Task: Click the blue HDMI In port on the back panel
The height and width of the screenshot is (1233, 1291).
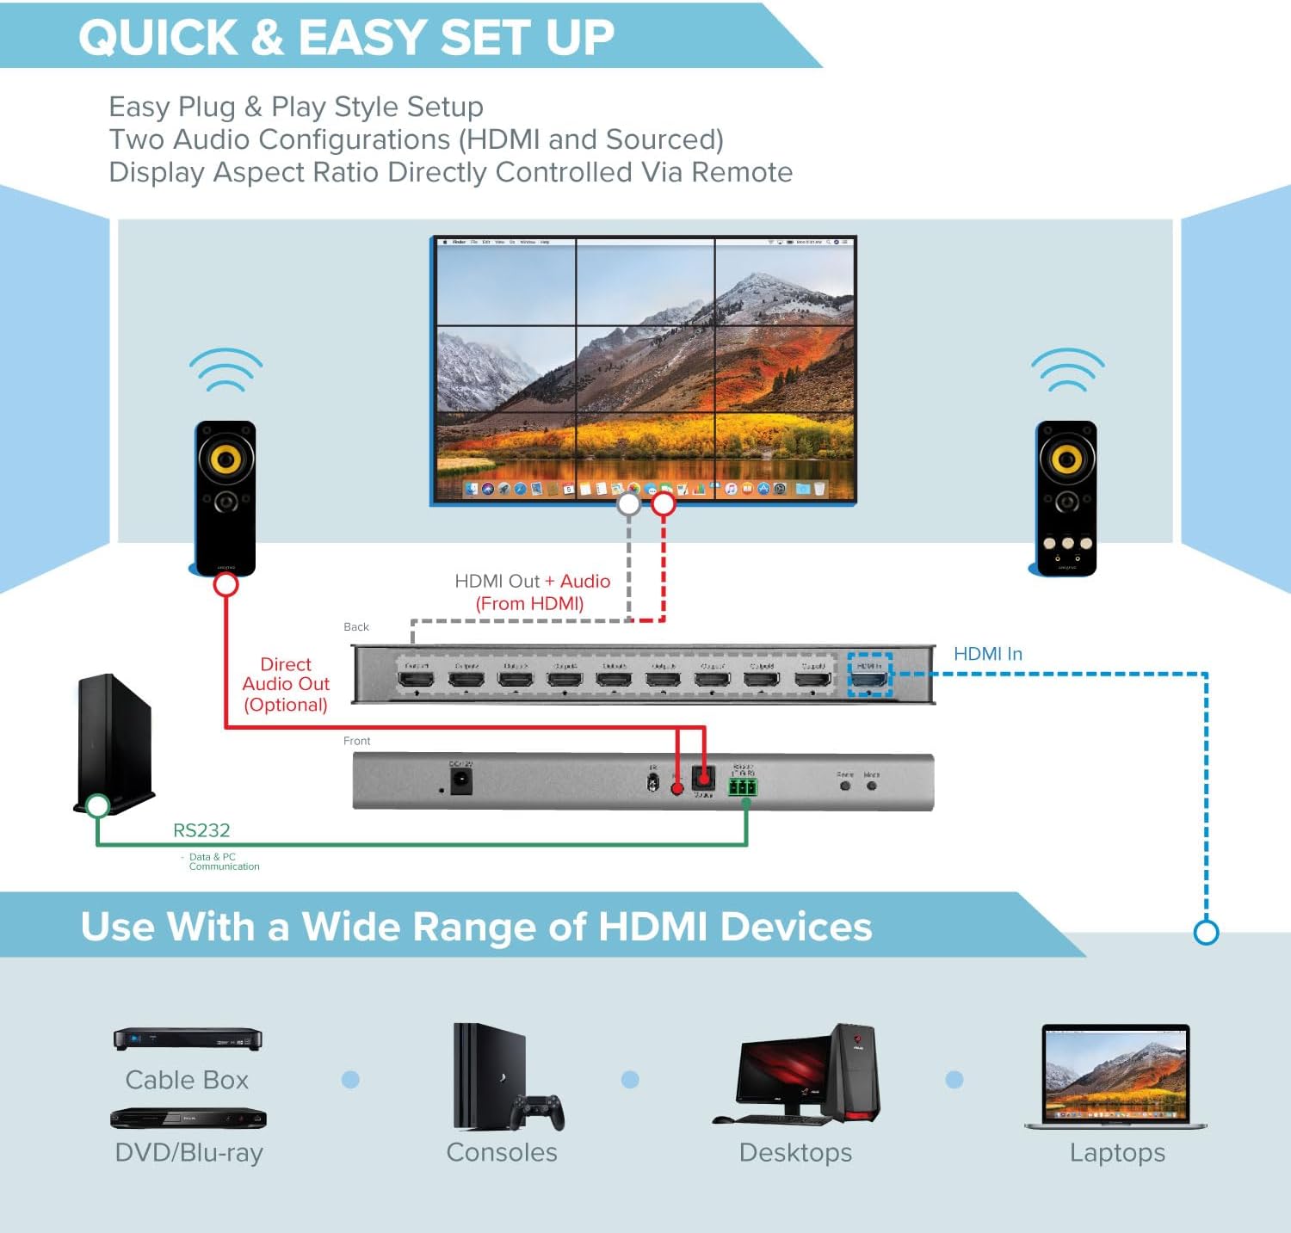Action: pyautogui.click(x=869, y=677)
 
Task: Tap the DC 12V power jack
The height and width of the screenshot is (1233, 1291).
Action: pyautogui.click(x=460, y=781)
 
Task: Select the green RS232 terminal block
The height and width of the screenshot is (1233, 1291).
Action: pyautogui.click(x=743, y=787)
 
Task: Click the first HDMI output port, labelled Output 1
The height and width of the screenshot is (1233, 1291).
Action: pyautogui.click(x=417, y=678)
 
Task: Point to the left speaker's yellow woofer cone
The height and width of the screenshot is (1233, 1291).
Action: pyautogui.click(x=225, y=459)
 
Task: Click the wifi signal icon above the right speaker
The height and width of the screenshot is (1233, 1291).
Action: pyautogui.click(x=1067, y=370)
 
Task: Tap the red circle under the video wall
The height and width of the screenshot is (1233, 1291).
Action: pyautogui.click(x=663, y=503)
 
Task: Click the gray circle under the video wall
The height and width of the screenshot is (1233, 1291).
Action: pyautogui.click(x=629, y=503)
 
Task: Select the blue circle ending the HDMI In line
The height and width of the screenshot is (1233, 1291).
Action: pyautogui.click(x=1207, y=932)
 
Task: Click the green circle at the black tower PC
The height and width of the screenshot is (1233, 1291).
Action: pyautogui.click(x=98, y=805)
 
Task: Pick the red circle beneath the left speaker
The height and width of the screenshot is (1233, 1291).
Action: pyautogui.click(x=225, y=585)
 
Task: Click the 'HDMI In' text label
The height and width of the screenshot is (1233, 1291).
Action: pyautogui.click(x=987, y=654)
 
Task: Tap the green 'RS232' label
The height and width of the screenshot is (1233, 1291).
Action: pyautogui.click(x=201, y=830)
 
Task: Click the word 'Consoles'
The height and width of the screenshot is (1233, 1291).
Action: pyautogui.click(x=502, y=1152)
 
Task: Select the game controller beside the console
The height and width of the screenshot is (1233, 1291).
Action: pyautogui.click(x=538, y=1111)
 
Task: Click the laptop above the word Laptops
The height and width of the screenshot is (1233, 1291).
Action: pyautogui.click(x=1115, y=1076)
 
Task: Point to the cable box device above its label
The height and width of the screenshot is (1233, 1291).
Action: pyautogui.click(x=188, y=1039)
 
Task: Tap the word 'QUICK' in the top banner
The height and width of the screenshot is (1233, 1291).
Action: pyautogui.click(x=158, y=38)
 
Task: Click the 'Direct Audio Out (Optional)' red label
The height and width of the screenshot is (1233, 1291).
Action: pyautogui.click(x=286, y=684)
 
